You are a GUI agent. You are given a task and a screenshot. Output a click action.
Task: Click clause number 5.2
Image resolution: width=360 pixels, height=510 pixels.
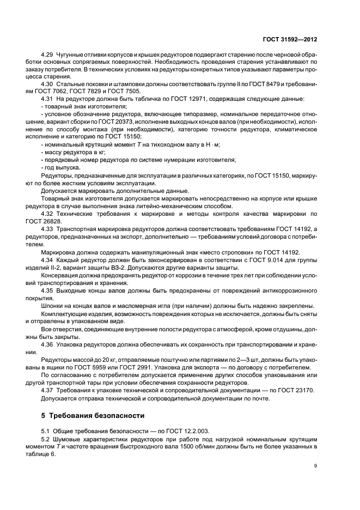click(x=45, y=438)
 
